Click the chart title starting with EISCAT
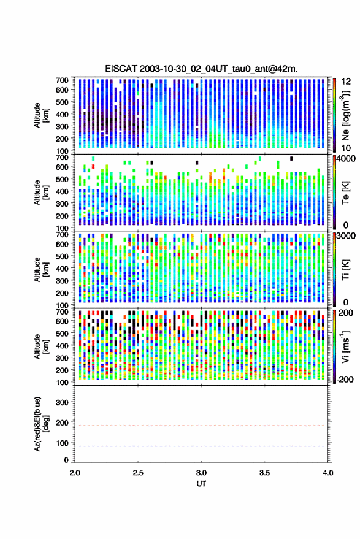pyautogui.click(x=201, y=69)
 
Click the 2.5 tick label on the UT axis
pyautogui.click(x=138, y=473)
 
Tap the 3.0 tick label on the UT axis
pyautogui.click(x=202, y=473)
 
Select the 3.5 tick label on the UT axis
pyautogui.click(x=264, y=473)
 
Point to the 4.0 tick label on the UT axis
pyautogui.click(x=328, y=473)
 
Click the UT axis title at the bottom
pyautogui.click(x=201, y=484)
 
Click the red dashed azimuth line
pyautogui.click(x=201, y=426)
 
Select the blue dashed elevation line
pyautogui.click(x=201, y=446)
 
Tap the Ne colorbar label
pyautogui.click(x=345, y=115)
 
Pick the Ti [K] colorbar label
pyautogui.click(x=345, y=270)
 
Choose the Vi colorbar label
pyautogui.click(x=345, y=346)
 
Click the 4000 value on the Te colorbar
pyautogui.click(x=346, y=159)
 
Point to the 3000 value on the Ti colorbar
pyautogui.click(x=346, y=236)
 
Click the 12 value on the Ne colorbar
pyautogui.click(x=346, y=82)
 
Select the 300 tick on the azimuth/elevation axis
pyautogui.click(x=62, y=402)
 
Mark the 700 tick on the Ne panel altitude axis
pyautogui.click(x=62, y=80)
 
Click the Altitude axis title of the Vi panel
pyautogui.click(x=40, y=346)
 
